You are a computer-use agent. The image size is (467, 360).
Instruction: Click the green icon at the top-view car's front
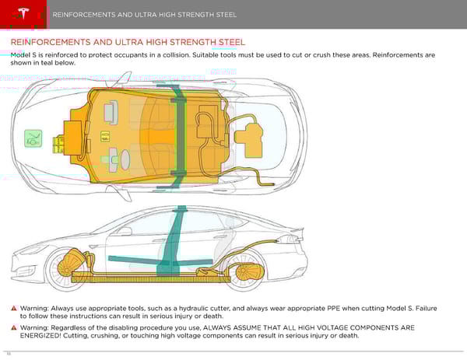[x=33, y=138]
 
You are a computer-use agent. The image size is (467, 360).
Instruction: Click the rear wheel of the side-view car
[x=250, y=268]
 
